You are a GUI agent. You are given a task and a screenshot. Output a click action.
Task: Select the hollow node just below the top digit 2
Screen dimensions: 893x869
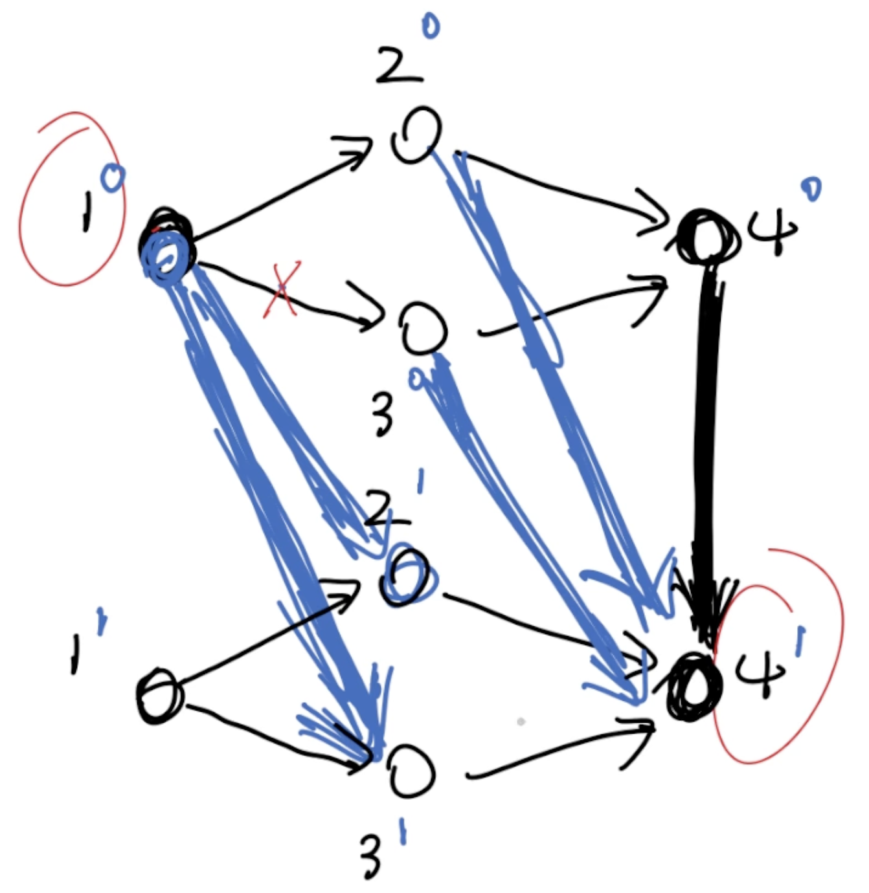click(416, 135)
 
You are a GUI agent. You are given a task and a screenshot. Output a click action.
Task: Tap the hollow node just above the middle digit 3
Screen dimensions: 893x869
click(423, 329)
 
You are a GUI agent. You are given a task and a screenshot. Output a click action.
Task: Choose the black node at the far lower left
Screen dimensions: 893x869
click(159, 696)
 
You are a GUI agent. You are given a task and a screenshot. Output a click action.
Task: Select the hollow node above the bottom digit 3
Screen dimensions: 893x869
click(412, 772)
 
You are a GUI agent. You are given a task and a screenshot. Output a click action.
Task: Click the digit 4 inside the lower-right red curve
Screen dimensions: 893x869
click(762, 673)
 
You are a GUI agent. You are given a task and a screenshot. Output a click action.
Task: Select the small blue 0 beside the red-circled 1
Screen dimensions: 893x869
click(113, 177)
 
